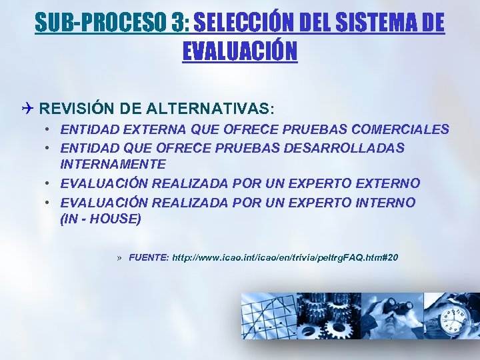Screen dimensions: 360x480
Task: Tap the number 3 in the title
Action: click(181, 23)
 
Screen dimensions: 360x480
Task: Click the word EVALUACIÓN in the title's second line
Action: click(240, 51)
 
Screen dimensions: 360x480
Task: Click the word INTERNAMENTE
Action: click(113, 163)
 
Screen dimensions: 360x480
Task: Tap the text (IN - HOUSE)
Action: click(101, 217)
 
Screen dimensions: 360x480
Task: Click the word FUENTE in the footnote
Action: click(148, 257)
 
